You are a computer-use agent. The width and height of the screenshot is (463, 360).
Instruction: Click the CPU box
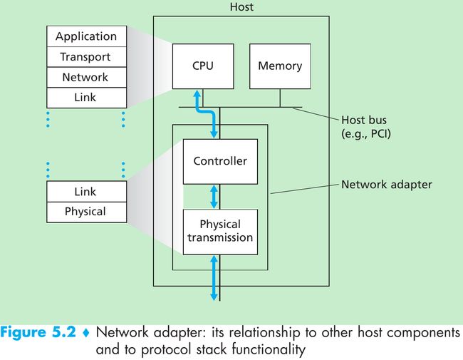click(203, 66)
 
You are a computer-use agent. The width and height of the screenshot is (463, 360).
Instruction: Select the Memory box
click(280, 66)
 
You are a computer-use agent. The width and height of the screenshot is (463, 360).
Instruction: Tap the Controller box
click(220, 161)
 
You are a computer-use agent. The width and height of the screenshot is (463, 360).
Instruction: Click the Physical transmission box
click(220, 232)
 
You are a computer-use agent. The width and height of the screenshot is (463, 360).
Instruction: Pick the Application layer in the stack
click(86, 36)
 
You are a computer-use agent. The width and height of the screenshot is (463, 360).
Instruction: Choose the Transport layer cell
click(86, 57)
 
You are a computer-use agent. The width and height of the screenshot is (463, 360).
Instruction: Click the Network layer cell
click(86, 77)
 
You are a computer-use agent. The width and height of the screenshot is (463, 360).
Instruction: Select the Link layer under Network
click(86, 98)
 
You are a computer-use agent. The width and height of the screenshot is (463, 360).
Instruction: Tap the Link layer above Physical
click(86, 192)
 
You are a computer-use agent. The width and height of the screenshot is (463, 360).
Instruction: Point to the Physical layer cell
click(86, 212)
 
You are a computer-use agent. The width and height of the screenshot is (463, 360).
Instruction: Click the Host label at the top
click(241, 7)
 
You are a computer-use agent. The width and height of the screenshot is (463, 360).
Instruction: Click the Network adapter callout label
click(387, 185)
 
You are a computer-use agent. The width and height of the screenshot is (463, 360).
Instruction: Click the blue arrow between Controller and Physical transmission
click(214, 197)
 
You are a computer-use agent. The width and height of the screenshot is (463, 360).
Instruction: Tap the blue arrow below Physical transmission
click(214, 278)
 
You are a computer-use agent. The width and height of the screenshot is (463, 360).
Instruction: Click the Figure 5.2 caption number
click(38, 332)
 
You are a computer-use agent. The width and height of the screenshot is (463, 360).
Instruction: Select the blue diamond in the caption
click(86, 333)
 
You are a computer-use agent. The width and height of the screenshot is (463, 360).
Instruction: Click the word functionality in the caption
click(269, 349)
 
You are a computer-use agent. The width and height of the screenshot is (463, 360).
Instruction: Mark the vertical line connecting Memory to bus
click(280, 98)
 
